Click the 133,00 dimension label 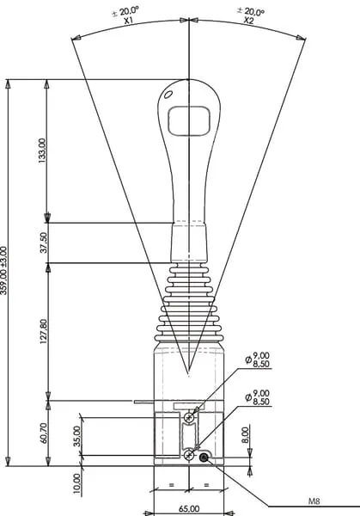(x=43, y=150)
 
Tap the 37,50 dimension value (x=44, y=243)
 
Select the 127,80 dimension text (x=44, y=331)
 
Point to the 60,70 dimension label (x=44, y=433)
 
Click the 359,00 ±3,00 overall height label (x=3, y=271)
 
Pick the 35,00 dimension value (x=76, y=436)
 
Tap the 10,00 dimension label (x=76, y=483)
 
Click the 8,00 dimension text (x=245, y=435)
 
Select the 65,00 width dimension (x=189, y=509)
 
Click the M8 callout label (x=314, y=501)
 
